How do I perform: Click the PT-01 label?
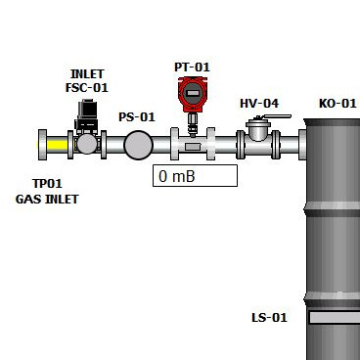pyautogui.click(x=192, y=67)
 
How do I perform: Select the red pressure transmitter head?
pyautogui.click(x=193, y=94)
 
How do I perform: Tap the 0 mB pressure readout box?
pyautogui.click(x=195, y=176)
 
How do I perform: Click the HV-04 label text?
pyautogui.click(x=259, y=104)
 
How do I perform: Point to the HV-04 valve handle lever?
pyautogui.click(x=277, y=116)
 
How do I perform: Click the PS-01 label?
pyautogui.click(x=137, y=116)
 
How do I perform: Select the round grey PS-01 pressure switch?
pyautogui.click(x=138, y=145)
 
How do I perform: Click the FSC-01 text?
pyautogui.click(x=87, y=87)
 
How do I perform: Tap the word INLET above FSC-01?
pyautogui.click(x=87, y=74)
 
